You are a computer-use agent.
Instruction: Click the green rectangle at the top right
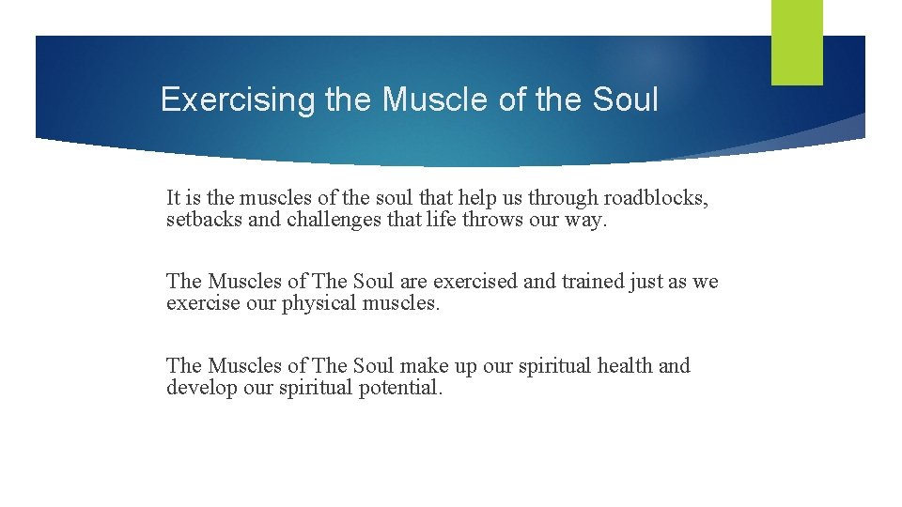pos(797,42)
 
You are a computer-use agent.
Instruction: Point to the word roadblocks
pos(656,198)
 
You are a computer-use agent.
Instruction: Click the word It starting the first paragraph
pos(174,198)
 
